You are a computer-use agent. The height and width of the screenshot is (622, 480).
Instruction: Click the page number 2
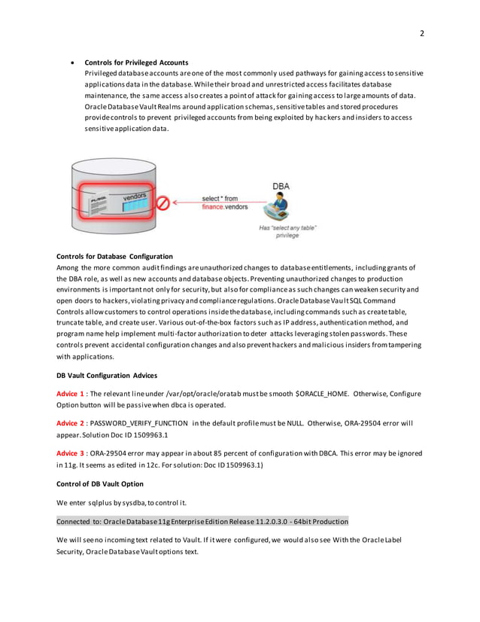tap(422, 33)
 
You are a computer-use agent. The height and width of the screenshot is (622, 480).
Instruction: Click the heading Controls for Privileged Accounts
tap(136, 62)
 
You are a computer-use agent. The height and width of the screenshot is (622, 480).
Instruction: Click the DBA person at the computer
tap(282, 207)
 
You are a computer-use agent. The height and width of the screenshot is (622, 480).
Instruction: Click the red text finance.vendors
tap(223, 206)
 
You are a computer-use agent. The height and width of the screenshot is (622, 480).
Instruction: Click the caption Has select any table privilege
tap(288, 230)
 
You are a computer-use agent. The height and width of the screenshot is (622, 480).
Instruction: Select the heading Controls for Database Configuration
tap(114, 257)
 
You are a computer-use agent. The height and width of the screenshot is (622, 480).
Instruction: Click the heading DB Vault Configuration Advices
tap(108, 374)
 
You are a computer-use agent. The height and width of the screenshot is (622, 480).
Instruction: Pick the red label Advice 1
tap(70, 394)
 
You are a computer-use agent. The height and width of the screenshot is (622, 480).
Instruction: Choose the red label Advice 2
tap(70, 423)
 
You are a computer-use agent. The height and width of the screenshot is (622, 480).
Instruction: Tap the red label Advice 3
tap(70, 453)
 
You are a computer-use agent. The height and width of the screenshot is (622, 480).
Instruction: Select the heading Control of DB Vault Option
tap(100, 483)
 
